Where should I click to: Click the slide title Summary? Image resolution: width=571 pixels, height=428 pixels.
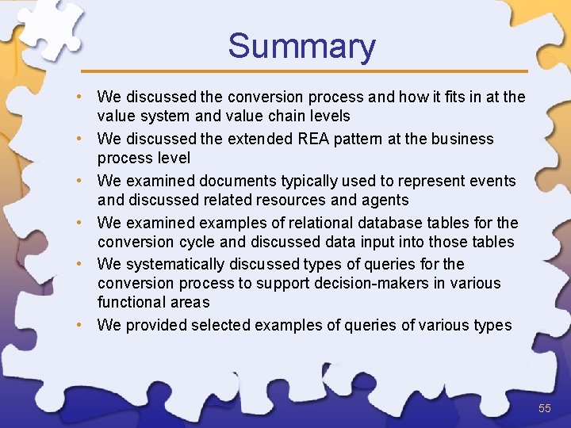point(301,46)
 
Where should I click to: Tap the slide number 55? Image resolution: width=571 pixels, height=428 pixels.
point(544,408)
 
